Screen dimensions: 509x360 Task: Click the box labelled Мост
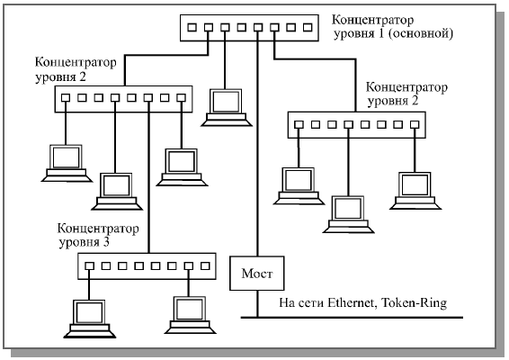[x=257, y=274]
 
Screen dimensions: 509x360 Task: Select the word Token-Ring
[x=414, y=303]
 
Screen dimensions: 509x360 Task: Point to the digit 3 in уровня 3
[x=106, y=242]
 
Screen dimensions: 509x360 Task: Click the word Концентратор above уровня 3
[x=98, y=229]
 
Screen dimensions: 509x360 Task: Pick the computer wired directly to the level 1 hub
[x=227, y=107]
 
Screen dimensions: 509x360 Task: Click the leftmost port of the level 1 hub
[x=192, y=27]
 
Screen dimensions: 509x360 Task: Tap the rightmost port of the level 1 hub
[x=308, y=27]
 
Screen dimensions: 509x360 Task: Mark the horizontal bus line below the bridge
[x=352, y=317]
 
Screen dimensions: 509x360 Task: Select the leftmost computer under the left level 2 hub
[x=67, y=164]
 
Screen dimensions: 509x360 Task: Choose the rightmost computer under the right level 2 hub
[x=415, y=191]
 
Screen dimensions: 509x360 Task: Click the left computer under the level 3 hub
[x=90, y=319]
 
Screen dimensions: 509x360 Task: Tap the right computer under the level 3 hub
[x=191, y=315]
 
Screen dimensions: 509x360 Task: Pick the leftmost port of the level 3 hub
[x=89, y=266]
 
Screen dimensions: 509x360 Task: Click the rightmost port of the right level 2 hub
[x=415, y=124]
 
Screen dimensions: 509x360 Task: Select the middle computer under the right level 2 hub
[x=348, y=214]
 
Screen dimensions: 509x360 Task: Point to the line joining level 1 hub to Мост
[x=258, y=144]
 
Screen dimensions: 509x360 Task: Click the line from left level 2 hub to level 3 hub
[x=148, y=177]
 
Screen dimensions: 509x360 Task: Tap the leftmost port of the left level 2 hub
[x=66, y=98]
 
